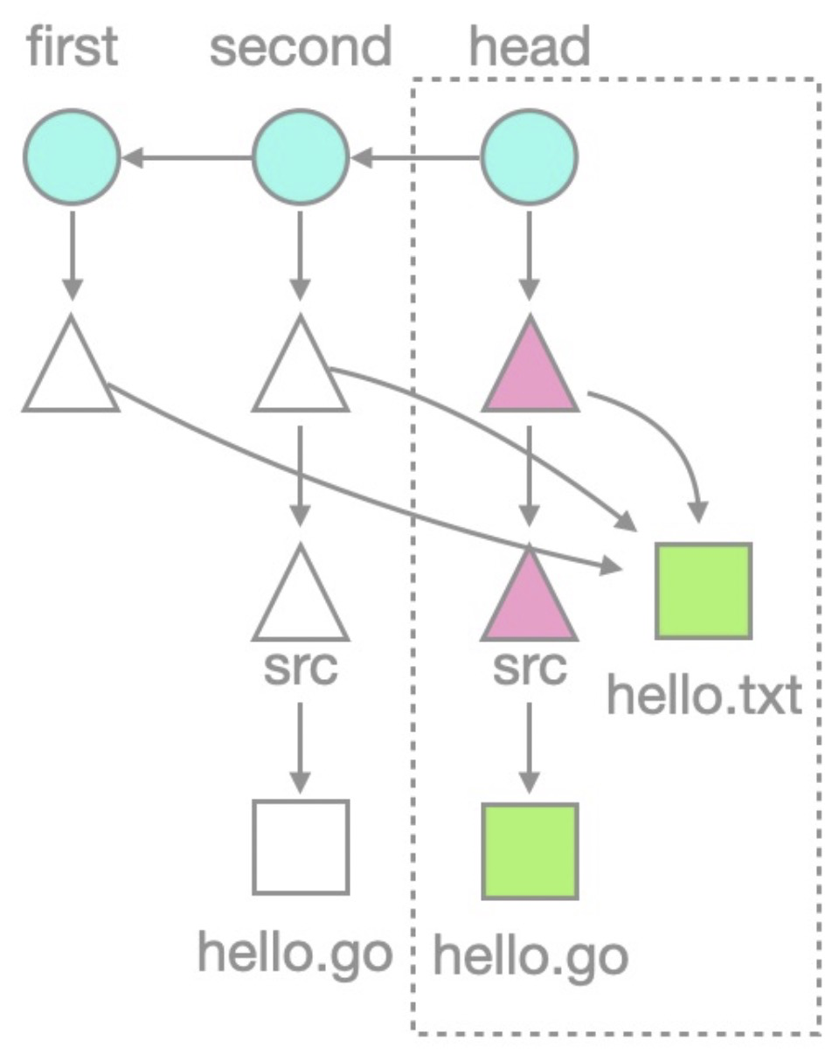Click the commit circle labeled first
point(72,157)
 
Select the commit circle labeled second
point(301,157)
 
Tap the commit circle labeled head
point(529,157)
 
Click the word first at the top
point(72,47)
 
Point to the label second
point(300,47)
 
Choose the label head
point(530,47)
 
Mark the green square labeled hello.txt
point(704,592)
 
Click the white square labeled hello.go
point(301,847)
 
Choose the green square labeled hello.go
point(530,850)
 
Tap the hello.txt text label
point(704,696)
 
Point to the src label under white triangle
point(300,669)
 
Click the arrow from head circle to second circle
point(415,158)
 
